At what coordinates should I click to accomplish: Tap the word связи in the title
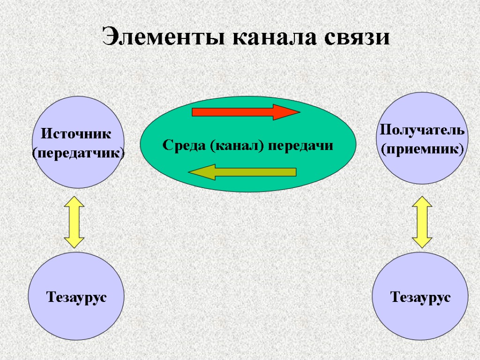(359, 37)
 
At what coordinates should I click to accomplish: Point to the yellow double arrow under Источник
(74, 222)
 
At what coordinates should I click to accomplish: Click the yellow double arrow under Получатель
(422, 222)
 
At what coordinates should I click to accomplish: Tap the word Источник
(76, 134)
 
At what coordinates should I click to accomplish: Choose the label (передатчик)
(78, 153)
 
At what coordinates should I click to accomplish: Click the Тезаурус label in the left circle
(76, 297)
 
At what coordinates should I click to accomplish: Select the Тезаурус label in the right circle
(420, 297)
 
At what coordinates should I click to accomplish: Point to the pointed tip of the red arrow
(298, 112)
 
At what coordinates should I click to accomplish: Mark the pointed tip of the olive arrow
(190, 172)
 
